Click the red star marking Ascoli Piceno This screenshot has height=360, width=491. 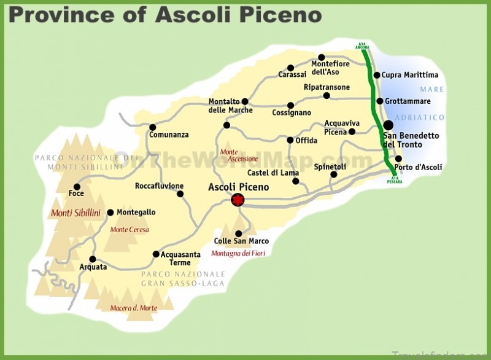(238, 200)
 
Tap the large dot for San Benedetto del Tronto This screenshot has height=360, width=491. (388, 125)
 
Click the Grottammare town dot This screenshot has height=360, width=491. (380, 101)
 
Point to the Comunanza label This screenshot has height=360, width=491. (169, 135)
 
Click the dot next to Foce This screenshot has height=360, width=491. (77, 187)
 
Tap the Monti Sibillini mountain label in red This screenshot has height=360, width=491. (75, 213)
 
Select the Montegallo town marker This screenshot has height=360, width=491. (110, 213)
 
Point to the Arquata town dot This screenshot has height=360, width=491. (93, 259)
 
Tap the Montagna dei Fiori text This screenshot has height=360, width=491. (238, 253)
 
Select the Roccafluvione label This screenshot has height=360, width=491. (160, 186)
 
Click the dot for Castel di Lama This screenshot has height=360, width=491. (296, 181)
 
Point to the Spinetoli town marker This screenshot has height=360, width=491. (334, 174)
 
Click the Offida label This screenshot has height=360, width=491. (306, 141)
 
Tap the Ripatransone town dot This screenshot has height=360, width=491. (327, 95)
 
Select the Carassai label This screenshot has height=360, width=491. (292, 74)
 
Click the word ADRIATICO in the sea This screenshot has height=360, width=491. (420, 117)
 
